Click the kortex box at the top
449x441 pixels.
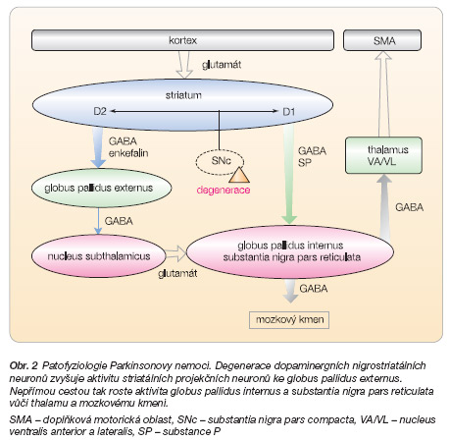click(182, 40)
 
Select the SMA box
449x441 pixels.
click(382, 40)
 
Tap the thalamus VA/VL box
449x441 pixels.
click(383, 155)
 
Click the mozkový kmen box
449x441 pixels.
click(289, 320)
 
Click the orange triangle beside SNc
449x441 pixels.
click(239, 175)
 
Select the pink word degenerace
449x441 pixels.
click(224, 191)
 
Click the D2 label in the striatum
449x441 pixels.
click(100, 112)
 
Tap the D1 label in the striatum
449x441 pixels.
click(289, 112)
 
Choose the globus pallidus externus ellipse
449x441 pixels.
click(102, 188)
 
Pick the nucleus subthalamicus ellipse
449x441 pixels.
click(99, 256)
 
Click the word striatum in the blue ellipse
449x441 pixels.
click(183, 95)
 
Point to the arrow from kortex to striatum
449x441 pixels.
click(184, 65)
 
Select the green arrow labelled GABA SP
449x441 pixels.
click(289, 175)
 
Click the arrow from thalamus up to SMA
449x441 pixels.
click(383, 94)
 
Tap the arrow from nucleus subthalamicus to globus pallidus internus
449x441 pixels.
click(175, 253)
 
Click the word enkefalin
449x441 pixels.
click(128, 153)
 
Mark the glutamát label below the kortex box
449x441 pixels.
click(222, 65)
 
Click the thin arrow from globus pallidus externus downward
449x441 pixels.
click(98, 221)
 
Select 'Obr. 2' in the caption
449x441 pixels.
click(24, 365)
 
